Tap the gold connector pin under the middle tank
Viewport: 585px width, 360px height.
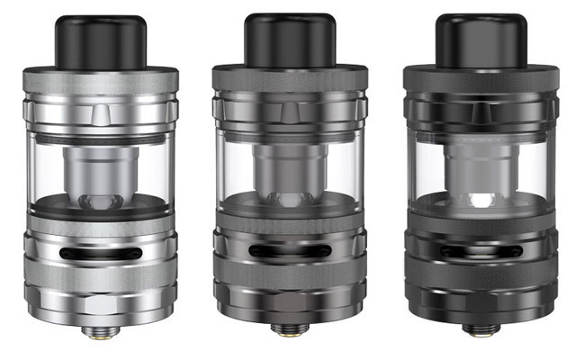(x=290, y=335)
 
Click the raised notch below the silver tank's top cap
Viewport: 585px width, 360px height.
(x=97, y=113)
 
